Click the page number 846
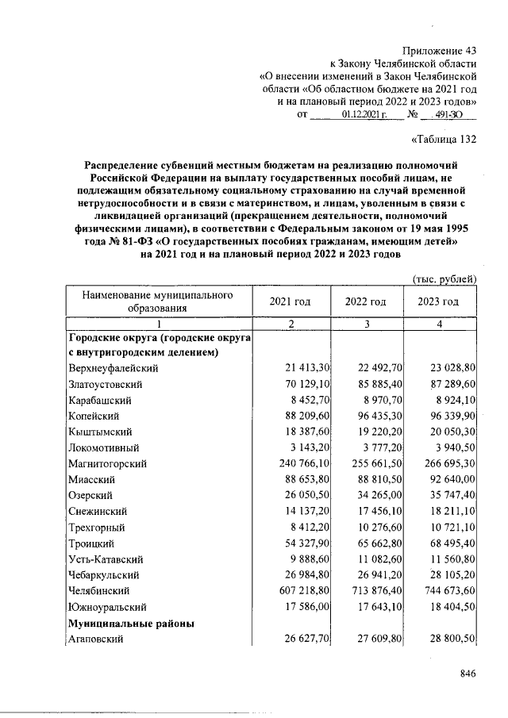point(467,674)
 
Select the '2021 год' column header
point(291,302)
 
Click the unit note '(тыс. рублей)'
point(445,278)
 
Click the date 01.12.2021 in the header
point(364,115)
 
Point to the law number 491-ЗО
point(441,115)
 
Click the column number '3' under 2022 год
point(365,324)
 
